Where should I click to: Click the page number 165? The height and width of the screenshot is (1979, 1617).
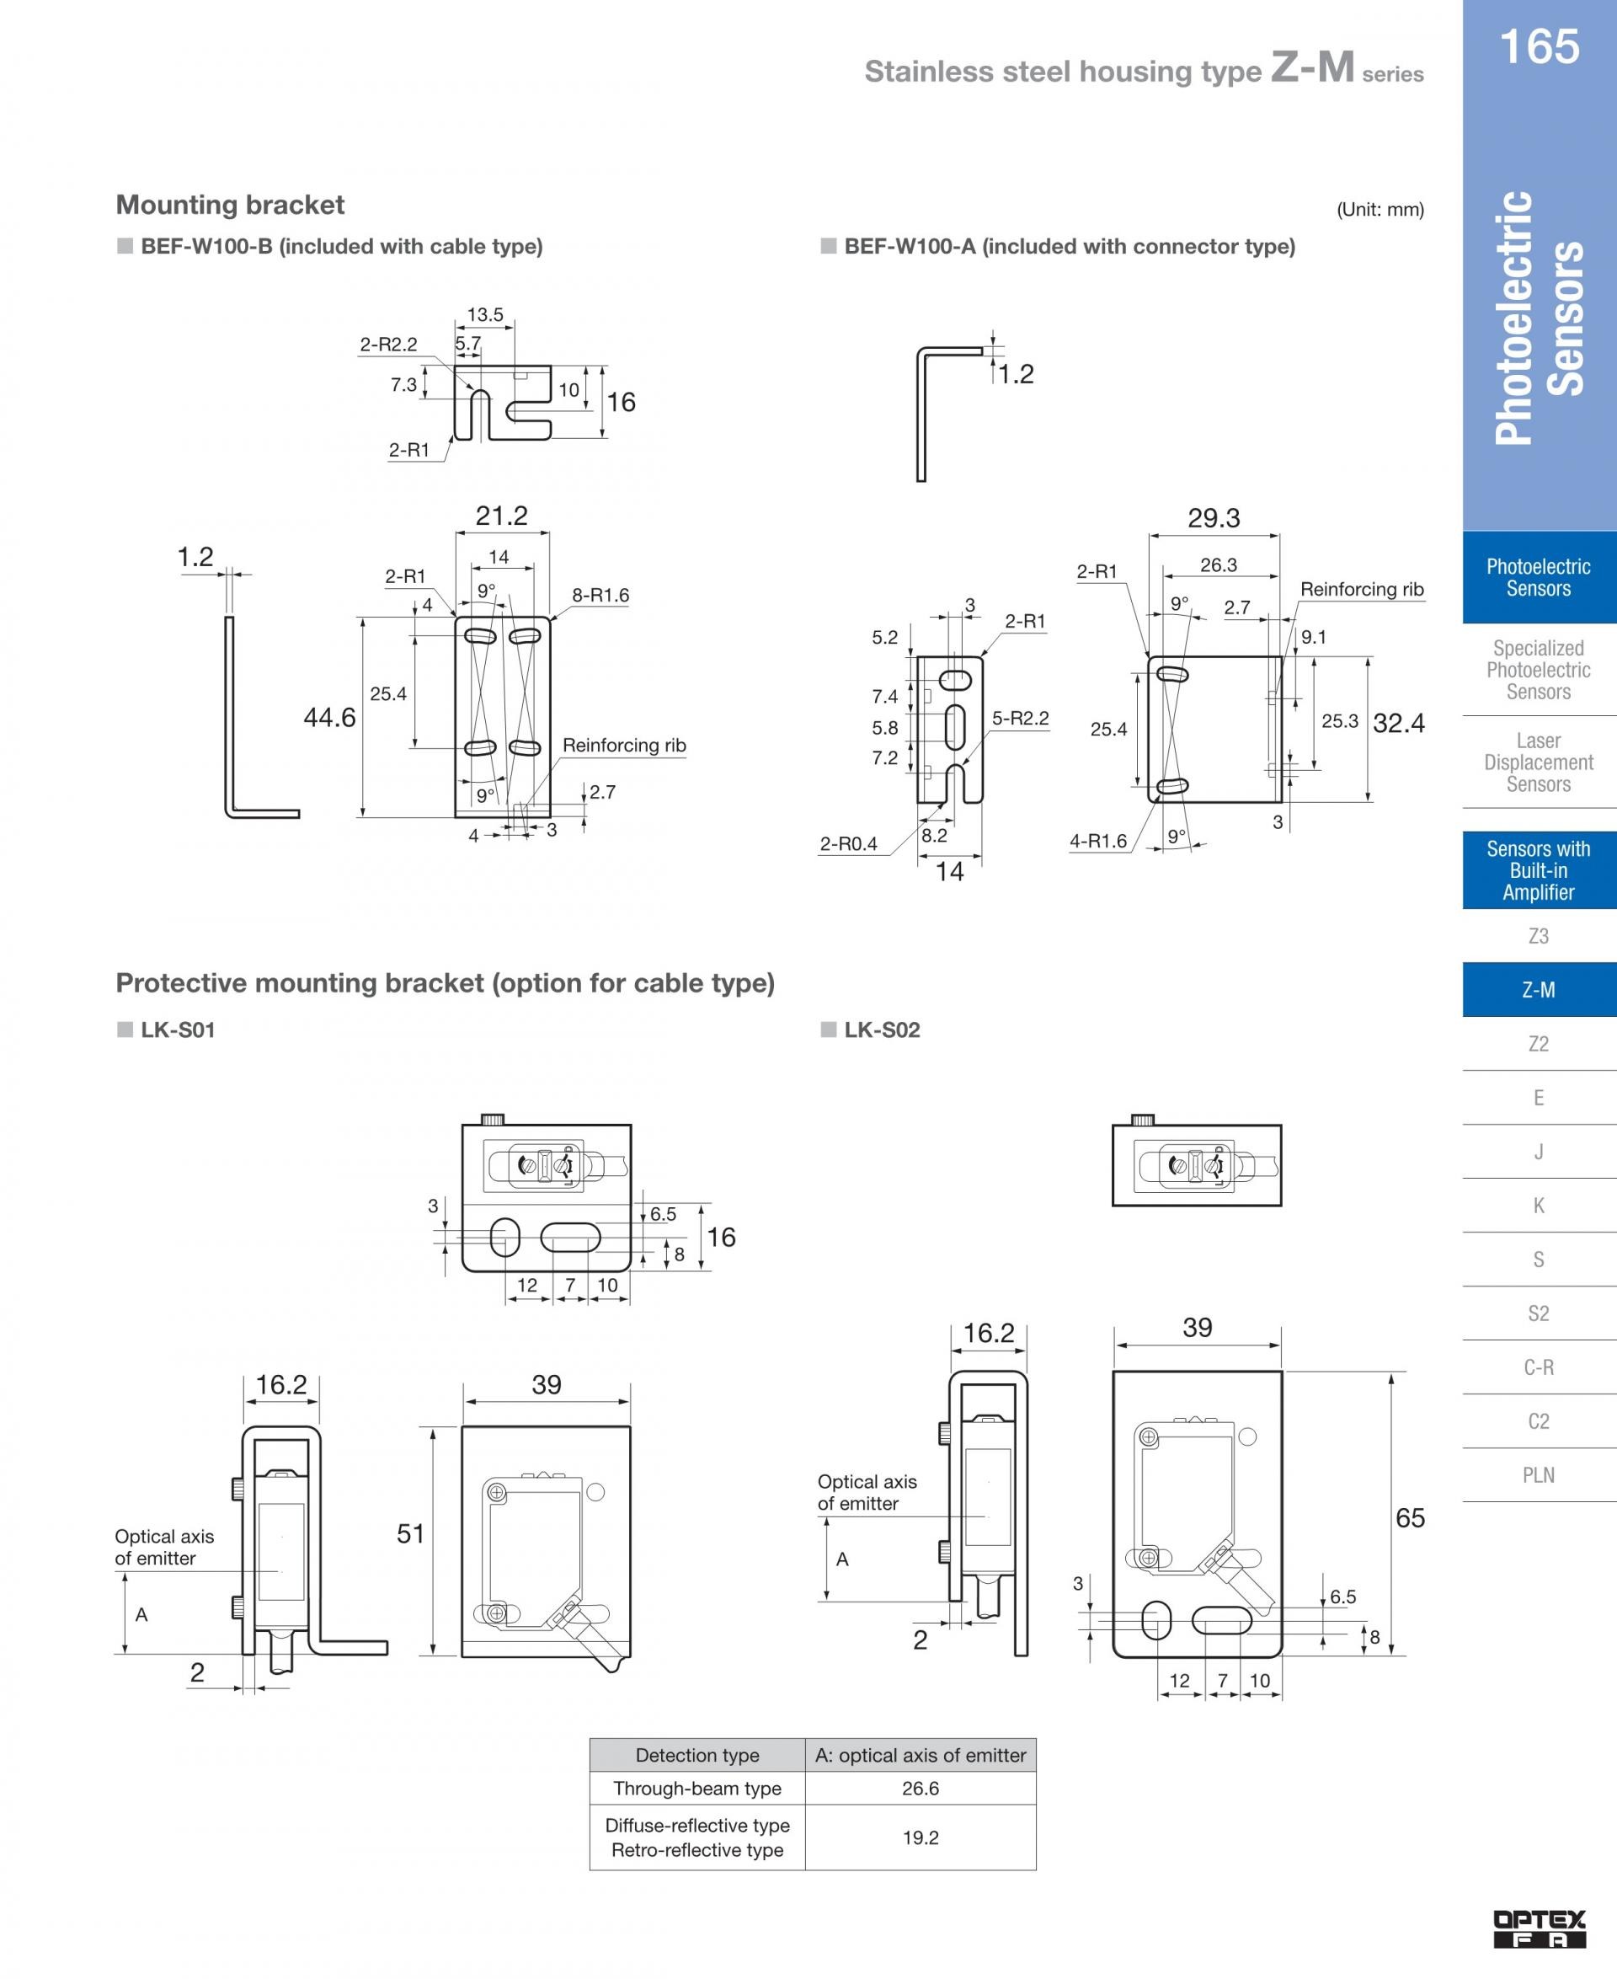click(x=1539, y=45)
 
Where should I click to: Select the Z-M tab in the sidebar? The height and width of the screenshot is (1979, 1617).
click(x=1539, y=989)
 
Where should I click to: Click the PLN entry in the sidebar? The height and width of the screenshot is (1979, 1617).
click(x=1539, y=1474)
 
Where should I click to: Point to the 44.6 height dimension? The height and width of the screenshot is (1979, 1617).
click(x=330, y=718)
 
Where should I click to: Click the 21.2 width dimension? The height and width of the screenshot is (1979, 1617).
click(x=501, y=516)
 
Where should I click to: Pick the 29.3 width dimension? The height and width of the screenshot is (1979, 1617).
click(x=1214, y=518)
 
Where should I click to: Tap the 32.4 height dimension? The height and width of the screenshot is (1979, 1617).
click(x=1398, y=723)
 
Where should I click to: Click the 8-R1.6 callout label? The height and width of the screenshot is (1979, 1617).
click(x=600, y=596)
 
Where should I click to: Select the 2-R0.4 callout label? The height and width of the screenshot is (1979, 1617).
click(x=849, y=844)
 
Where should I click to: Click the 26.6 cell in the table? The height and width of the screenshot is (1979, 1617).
click(x=921, y=1788)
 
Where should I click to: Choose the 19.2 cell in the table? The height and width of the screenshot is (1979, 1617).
click(x=921, y=1837)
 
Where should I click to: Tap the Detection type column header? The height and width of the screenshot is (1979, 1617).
click(x=697, y=1756)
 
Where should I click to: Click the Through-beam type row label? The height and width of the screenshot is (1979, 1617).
click(x=697, y=1788)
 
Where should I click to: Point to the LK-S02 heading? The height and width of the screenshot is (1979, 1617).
click(x=882, y=1030)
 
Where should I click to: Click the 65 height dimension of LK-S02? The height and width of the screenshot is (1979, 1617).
click(x=1410, y=1519)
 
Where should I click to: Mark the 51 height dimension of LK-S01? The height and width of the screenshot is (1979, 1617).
click(x=411, y=1533)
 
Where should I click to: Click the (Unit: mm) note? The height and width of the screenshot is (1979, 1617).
click(x=1380, y=210)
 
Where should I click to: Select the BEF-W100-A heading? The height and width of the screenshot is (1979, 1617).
click(x=1070, y=247)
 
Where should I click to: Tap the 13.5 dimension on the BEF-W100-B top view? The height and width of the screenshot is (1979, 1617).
click(x=485, y=315)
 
